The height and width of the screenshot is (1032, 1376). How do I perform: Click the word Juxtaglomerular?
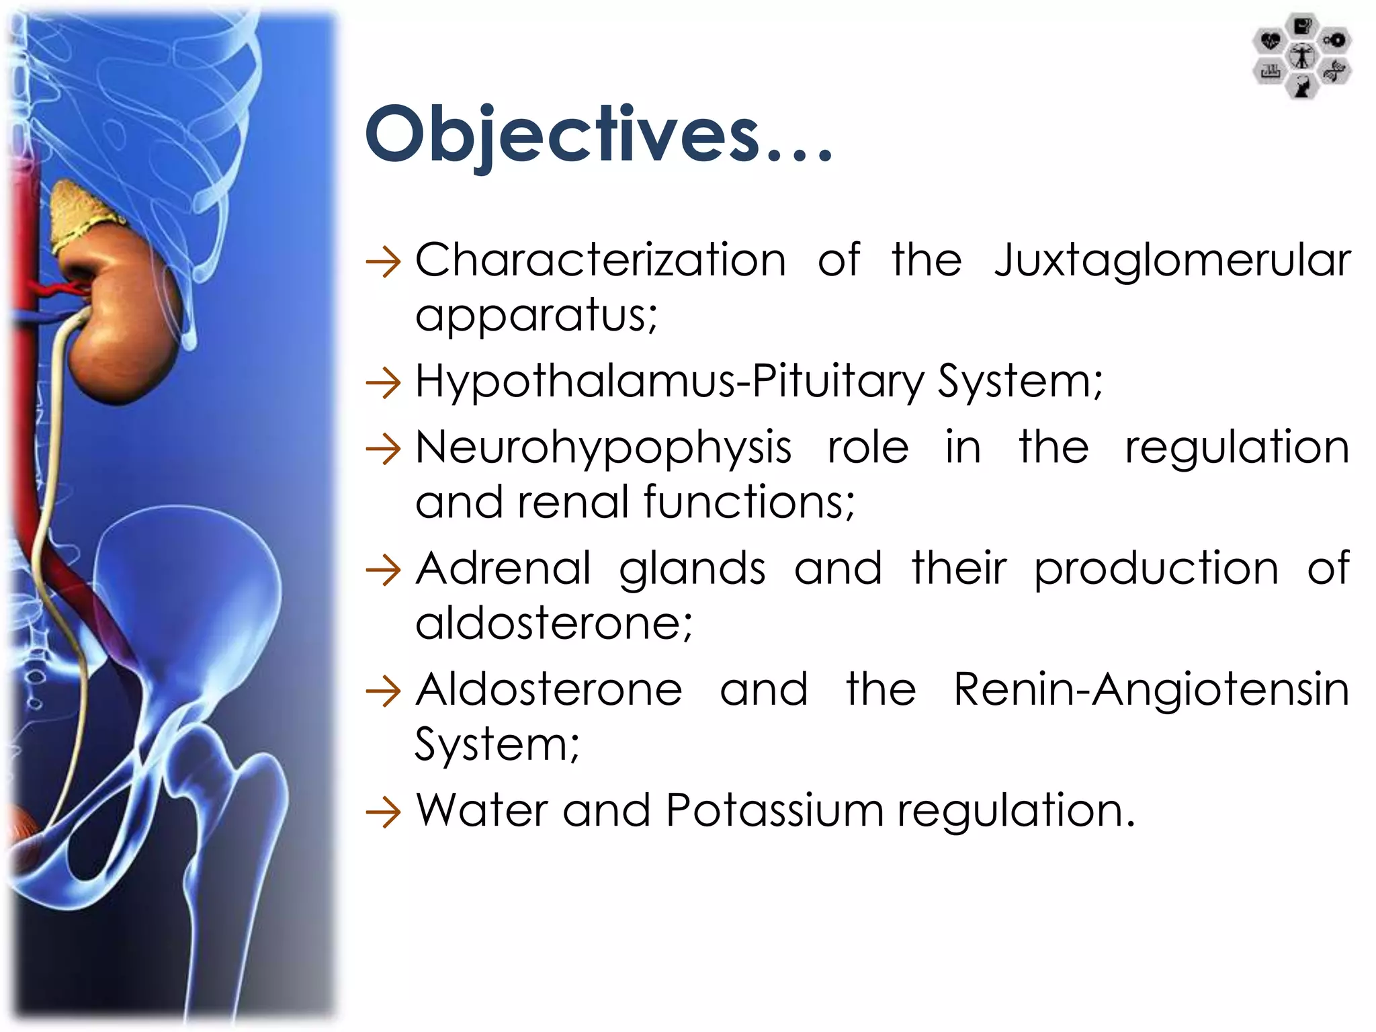(1172, 261)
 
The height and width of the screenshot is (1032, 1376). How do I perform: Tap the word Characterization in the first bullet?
(601, 261)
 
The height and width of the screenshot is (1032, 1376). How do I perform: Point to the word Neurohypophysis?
(603, 449)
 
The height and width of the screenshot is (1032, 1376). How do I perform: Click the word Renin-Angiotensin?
(1151, 690)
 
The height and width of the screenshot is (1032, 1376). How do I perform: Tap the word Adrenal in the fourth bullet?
(503, 569)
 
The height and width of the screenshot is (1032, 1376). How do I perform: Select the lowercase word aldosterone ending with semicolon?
(553, 623)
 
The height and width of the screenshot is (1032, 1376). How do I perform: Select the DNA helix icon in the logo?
(1334, 71)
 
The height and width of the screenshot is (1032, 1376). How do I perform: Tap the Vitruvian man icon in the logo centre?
(1302, 56)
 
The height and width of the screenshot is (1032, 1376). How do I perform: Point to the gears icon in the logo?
(1335, 41)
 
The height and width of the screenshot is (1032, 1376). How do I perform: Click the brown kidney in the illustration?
(124, 322)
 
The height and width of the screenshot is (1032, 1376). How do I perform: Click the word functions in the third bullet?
(748, 503)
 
